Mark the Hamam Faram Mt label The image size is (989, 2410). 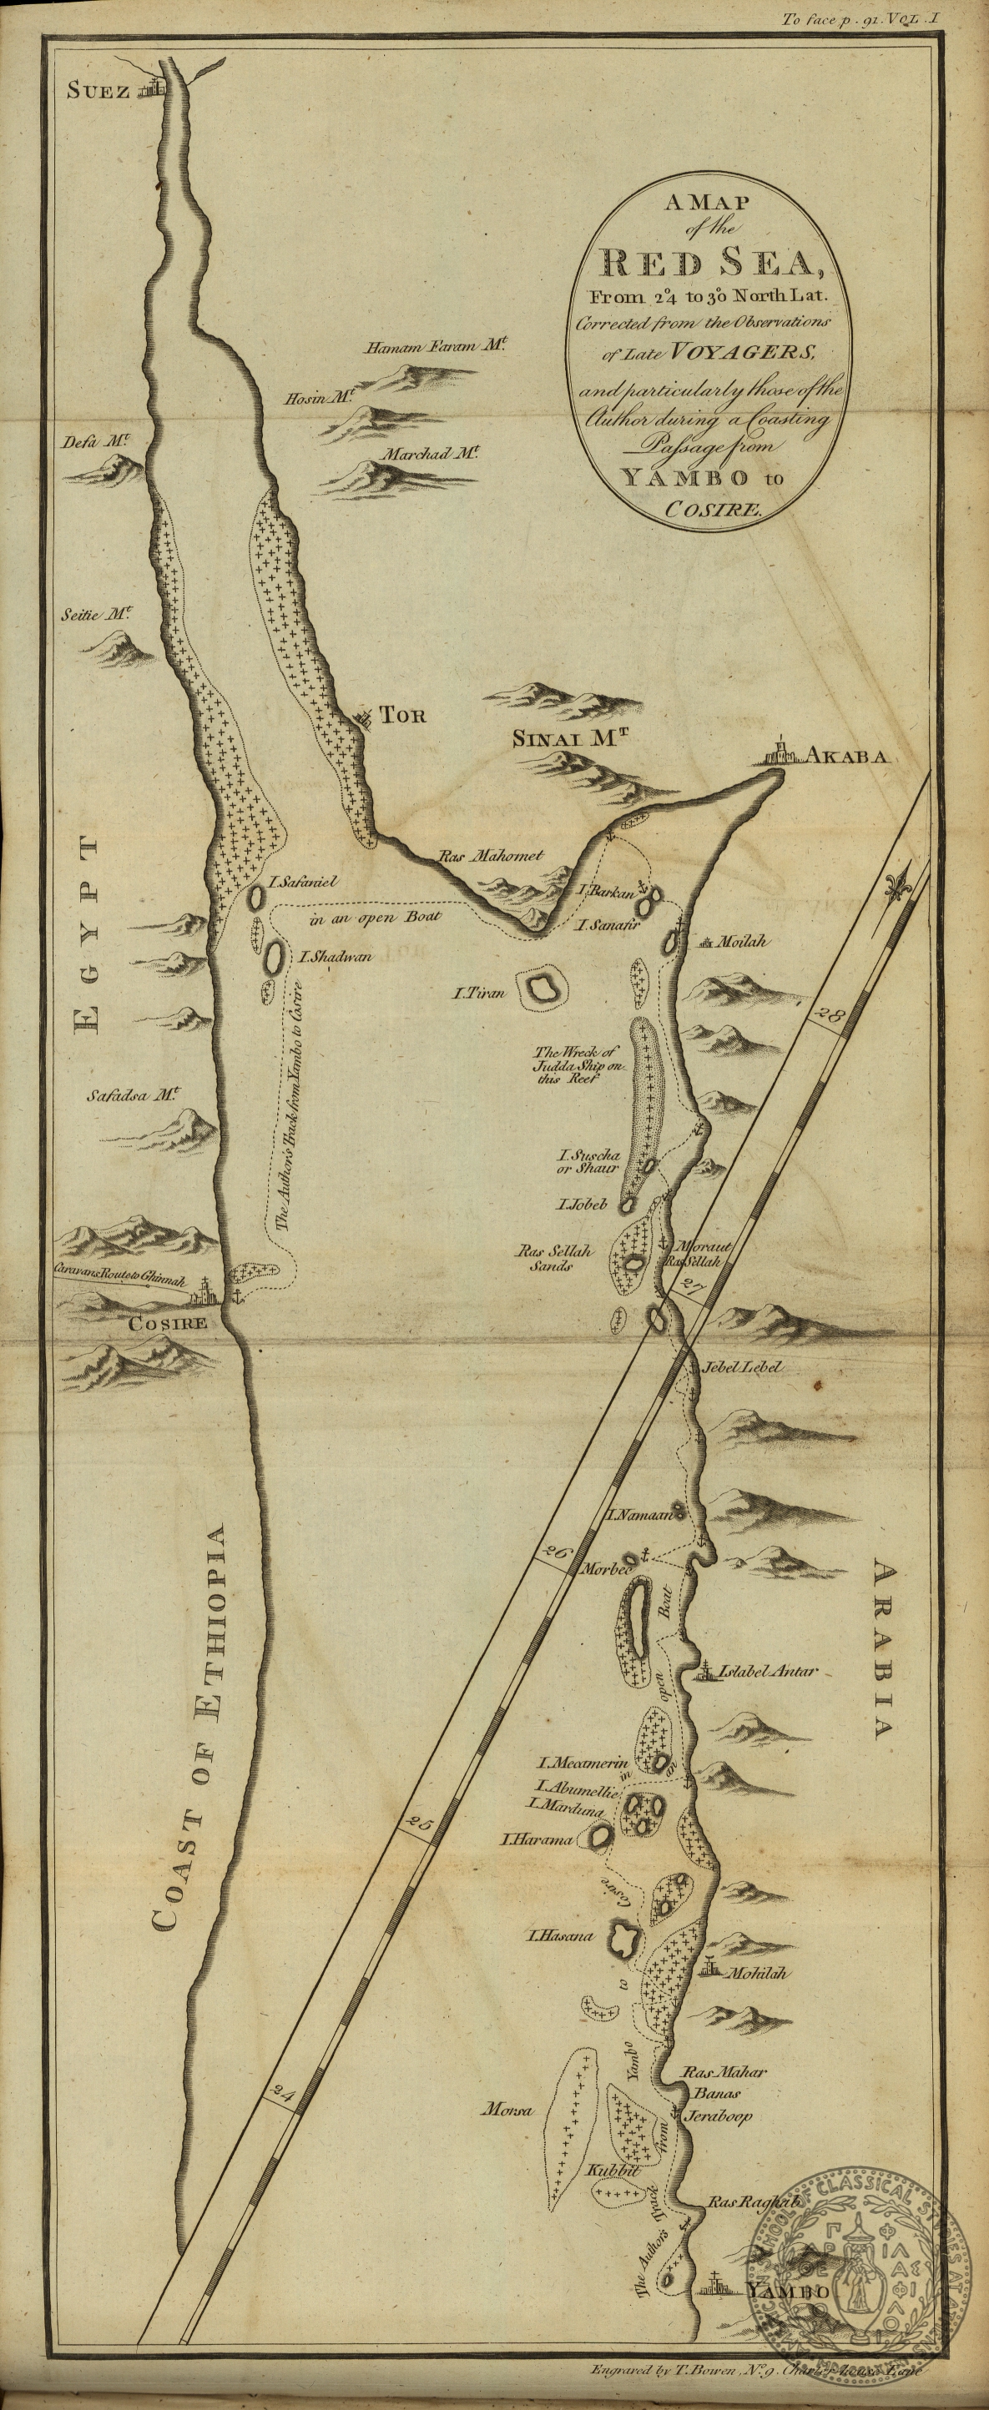pos(436,347)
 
